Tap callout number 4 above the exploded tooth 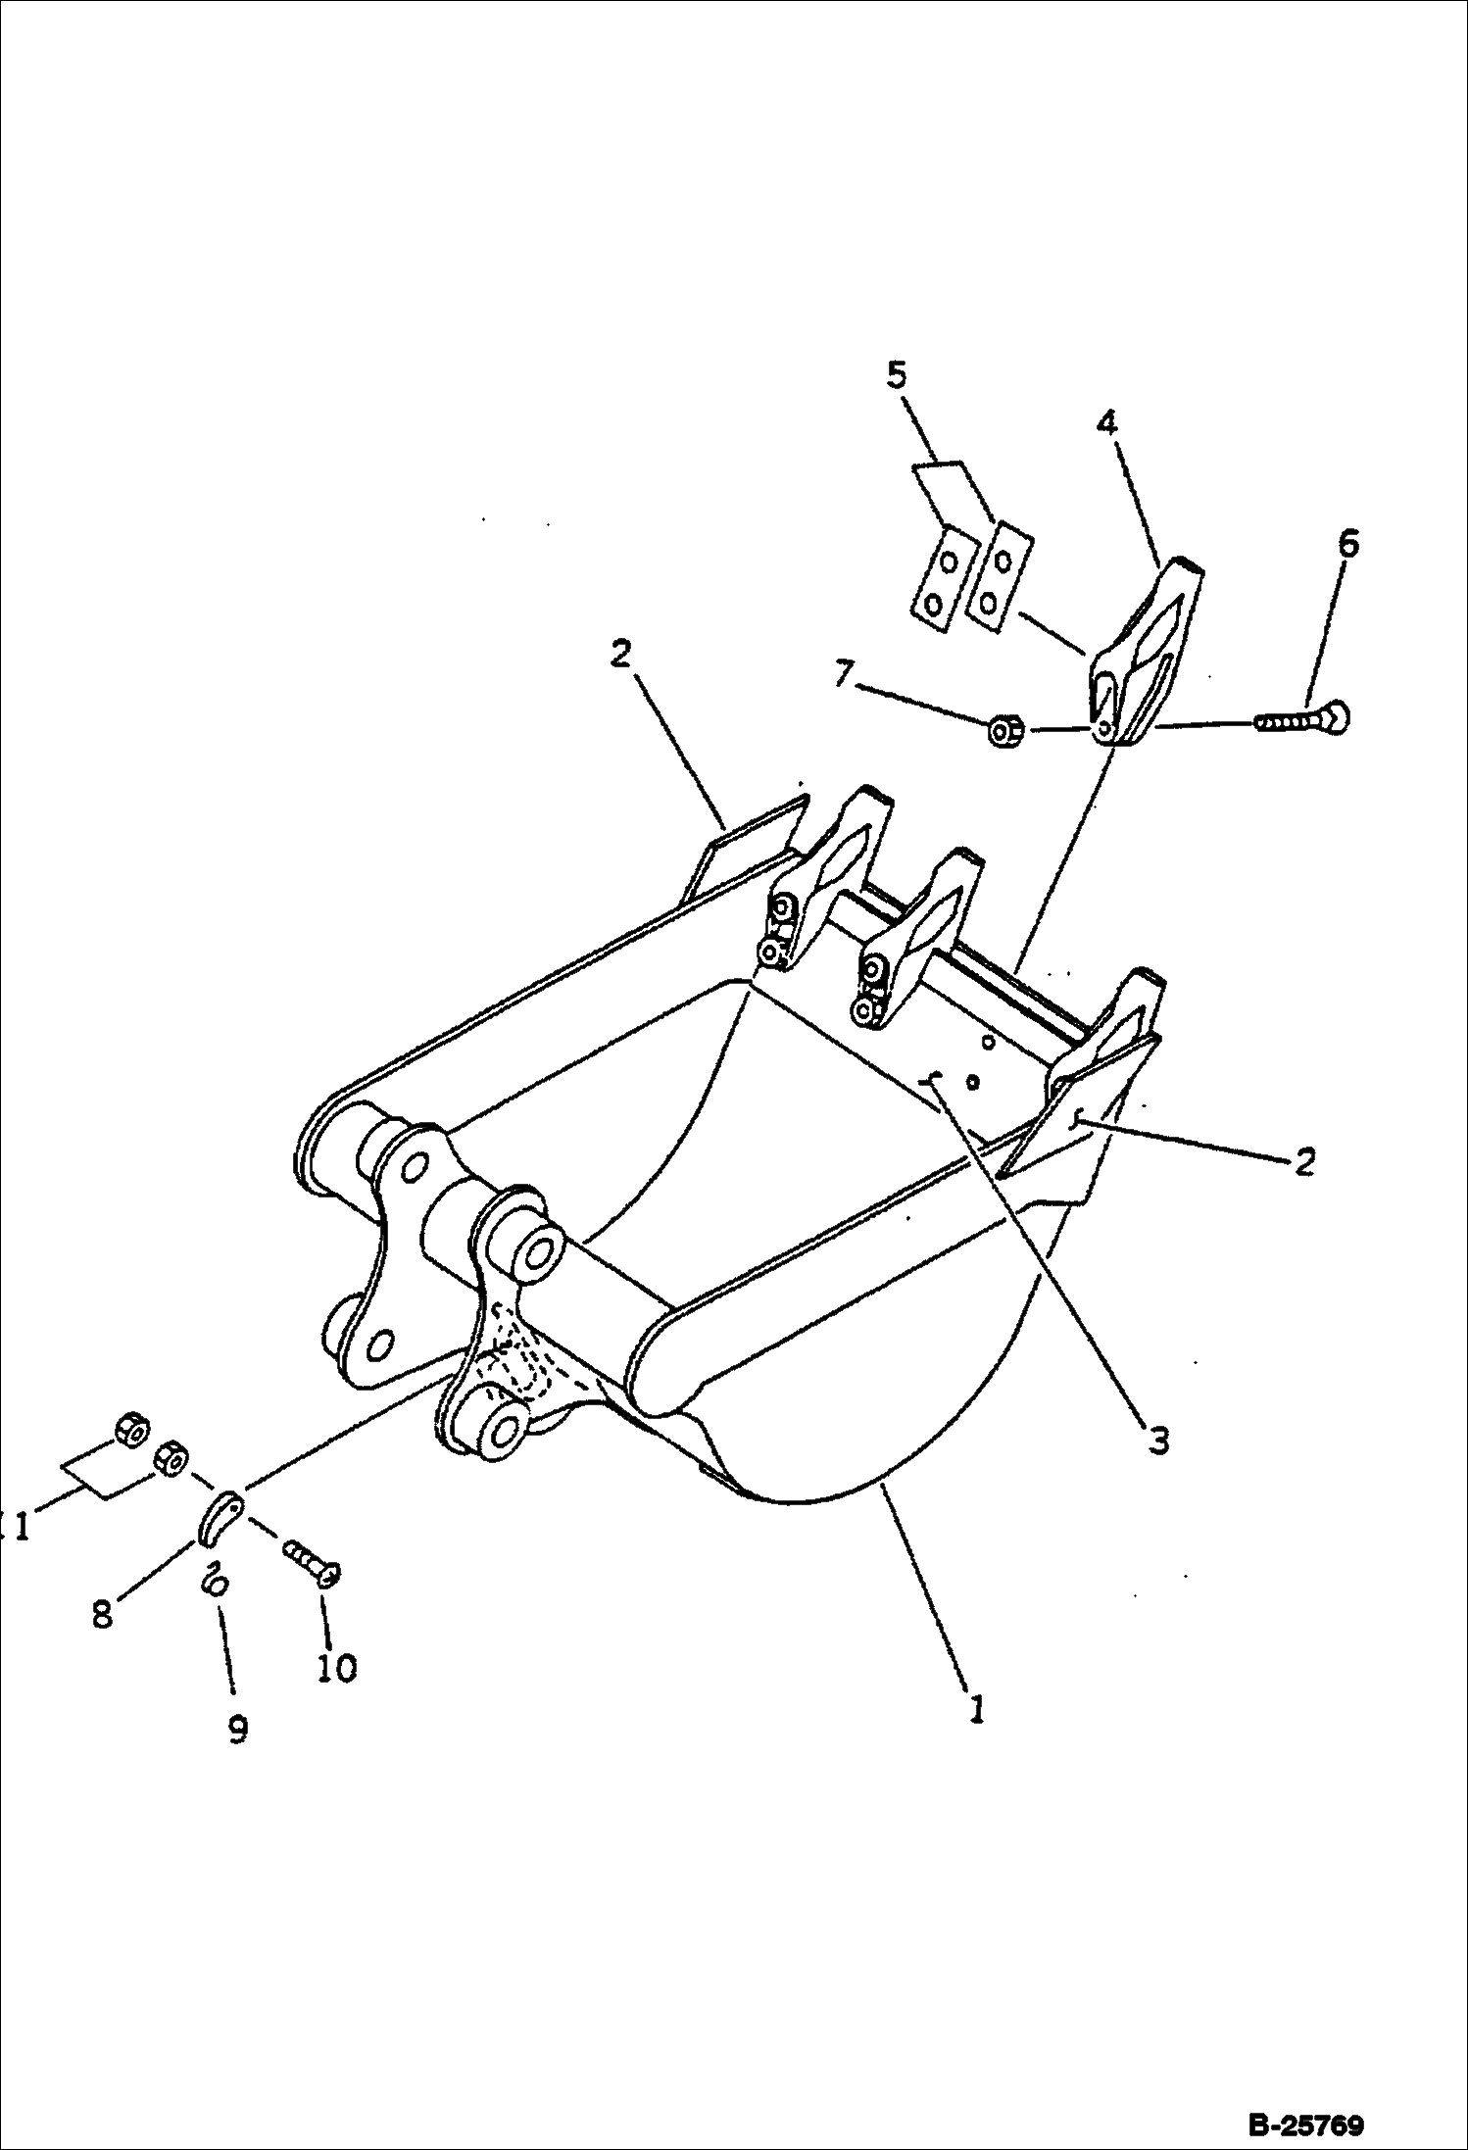tap(1106, 422)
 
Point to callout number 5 tap(898, 375)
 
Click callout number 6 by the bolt tap(1348, 542)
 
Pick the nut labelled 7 tap(1005, 730)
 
